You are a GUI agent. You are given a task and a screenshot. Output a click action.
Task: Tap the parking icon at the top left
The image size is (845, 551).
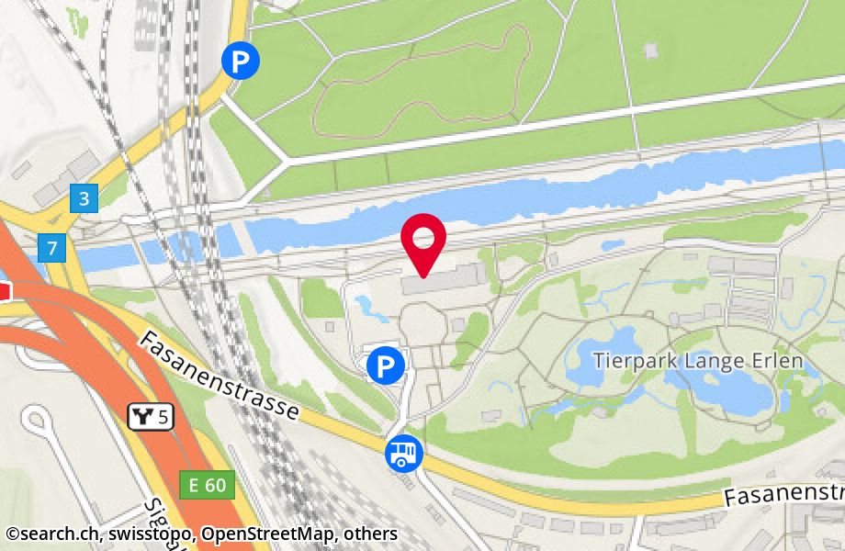tap(241, 62)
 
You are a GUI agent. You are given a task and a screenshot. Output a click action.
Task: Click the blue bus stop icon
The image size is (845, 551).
tap(404, 452)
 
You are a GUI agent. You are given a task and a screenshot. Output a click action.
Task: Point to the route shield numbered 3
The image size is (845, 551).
tap(84, 197)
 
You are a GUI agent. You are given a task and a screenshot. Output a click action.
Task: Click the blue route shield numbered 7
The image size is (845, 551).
tap(51, 246)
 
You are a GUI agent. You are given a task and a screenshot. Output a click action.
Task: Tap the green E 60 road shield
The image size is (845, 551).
tap(208, 484)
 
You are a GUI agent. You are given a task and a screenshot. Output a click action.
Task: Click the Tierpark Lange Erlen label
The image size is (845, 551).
tap(698, 361)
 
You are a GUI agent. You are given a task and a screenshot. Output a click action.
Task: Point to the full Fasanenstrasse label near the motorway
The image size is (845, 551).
tap(220, 377)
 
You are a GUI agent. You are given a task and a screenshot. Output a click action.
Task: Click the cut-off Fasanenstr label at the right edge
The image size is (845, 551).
tap(783, 493)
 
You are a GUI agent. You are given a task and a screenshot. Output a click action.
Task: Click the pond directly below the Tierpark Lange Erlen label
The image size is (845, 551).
tap(726, 392)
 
